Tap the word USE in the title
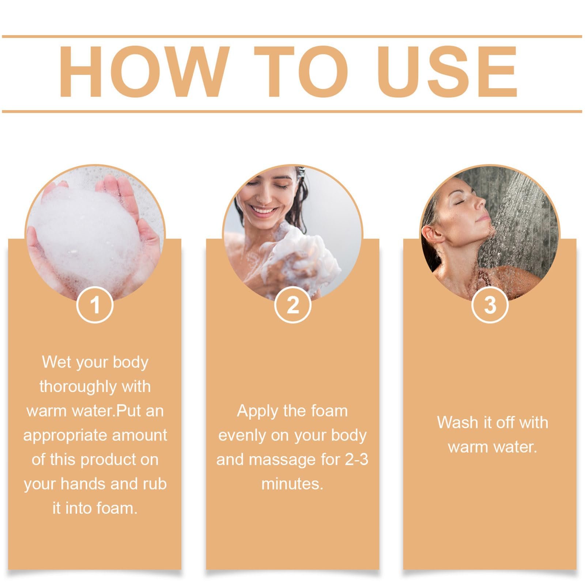447,72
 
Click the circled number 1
95,305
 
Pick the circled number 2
292,305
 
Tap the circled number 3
490,305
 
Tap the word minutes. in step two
292,484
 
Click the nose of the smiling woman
260,197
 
